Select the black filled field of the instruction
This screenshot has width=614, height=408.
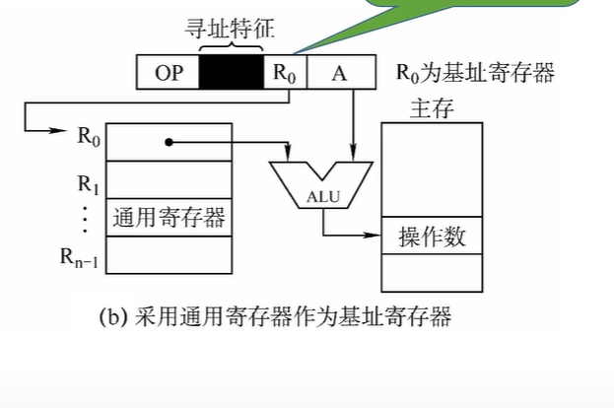tap(231, 73)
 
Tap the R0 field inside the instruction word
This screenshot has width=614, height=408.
tap(286, 73)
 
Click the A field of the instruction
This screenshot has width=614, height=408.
tap(340, 73)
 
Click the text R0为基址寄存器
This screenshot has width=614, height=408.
tap(476, 72)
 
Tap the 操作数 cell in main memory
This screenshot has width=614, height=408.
tap(431, 237)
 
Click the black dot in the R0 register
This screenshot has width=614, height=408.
tap(168, 142)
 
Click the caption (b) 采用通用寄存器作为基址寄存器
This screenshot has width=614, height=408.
tap(276, 317)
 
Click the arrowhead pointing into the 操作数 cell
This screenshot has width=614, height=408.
tap(375, 237)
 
